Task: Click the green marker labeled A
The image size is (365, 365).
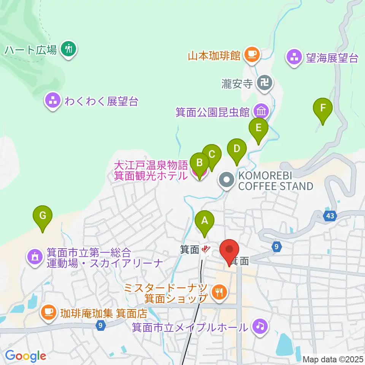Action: pos(205,220)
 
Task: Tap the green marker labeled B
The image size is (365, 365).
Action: pos(199,163)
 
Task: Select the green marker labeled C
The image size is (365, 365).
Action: pos(212,154)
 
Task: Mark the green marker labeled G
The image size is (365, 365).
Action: pos(43,216)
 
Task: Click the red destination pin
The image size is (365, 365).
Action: pos(230,250)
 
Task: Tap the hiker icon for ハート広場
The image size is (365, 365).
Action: pos(68,48)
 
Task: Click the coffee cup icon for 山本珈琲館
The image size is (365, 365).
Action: pos(251,55)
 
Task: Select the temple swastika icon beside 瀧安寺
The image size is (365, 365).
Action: pos(265,82)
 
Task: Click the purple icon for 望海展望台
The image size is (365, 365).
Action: pos(294,58)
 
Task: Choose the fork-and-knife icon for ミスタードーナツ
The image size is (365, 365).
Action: pos(219,292)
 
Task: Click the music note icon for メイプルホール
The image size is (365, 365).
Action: pos(260,327)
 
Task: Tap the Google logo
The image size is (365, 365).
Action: pos(26,356)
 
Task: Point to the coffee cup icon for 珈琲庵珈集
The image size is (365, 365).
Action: pos(48,313)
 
